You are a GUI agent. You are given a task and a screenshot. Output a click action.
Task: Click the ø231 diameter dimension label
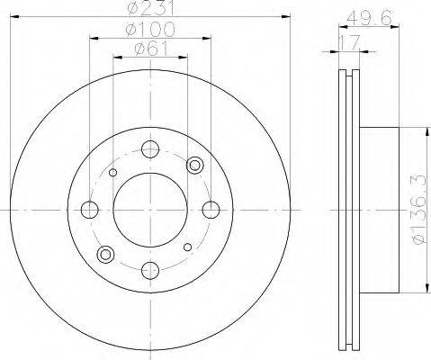[150, 8]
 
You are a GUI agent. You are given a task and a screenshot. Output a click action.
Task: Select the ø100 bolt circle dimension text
[150, 30]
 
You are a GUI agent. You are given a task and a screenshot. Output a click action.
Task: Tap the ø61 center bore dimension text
[151, 49]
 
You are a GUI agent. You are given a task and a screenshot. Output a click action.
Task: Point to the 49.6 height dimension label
[369, 19]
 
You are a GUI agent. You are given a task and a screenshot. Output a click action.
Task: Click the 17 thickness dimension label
[349, 42]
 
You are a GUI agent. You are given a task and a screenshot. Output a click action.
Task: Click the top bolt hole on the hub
[150, 149]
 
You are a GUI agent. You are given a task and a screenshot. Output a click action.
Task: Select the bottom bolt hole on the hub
[150, 270]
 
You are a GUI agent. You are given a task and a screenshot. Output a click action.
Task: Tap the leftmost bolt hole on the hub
[90, 210]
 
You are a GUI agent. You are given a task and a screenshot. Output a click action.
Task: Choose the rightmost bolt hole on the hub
[211, 210]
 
